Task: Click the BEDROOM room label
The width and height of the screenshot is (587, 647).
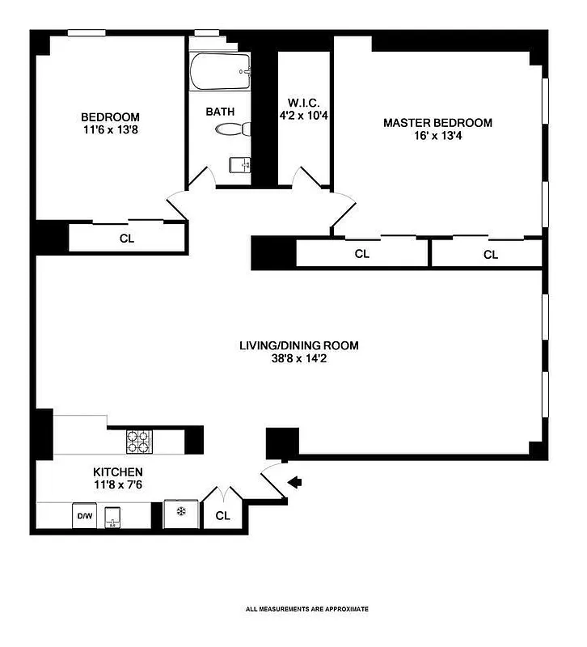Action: pos(110,116)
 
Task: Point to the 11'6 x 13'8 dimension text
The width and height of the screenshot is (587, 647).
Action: pos(110,129)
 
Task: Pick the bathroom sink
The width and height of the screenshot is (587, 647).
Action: pos(241,166)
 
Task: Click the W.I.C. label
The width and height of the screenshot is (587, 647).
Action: pos(304,104)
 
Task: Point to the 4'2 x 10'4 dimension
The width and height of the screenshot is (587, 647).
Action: pos(304,116)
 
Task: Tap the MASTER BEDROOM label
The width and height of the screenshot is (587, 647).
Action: pos(437,123)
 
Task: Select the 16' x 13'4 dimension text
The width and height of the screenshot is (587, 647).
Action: pos(437,136)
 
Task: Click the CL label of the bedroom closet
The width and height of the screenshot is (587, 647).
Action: pos(126,238)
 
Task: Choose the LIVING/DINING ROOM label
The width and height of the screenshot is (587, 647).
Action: pos(298,345)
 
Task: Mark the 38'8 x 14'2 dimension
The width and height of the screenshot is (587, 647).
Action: pos(298,358)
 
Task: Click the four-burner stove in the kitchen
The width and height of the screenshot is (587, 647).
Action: pos(138,441)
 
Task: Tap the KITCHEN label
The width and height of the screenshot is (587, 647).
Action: pos(118,472)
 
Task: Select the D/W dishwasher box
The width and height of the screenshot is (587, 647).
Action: pos(83,516)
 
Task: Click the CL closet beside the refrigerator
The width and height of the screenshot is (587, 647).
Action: pos(222,515)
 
